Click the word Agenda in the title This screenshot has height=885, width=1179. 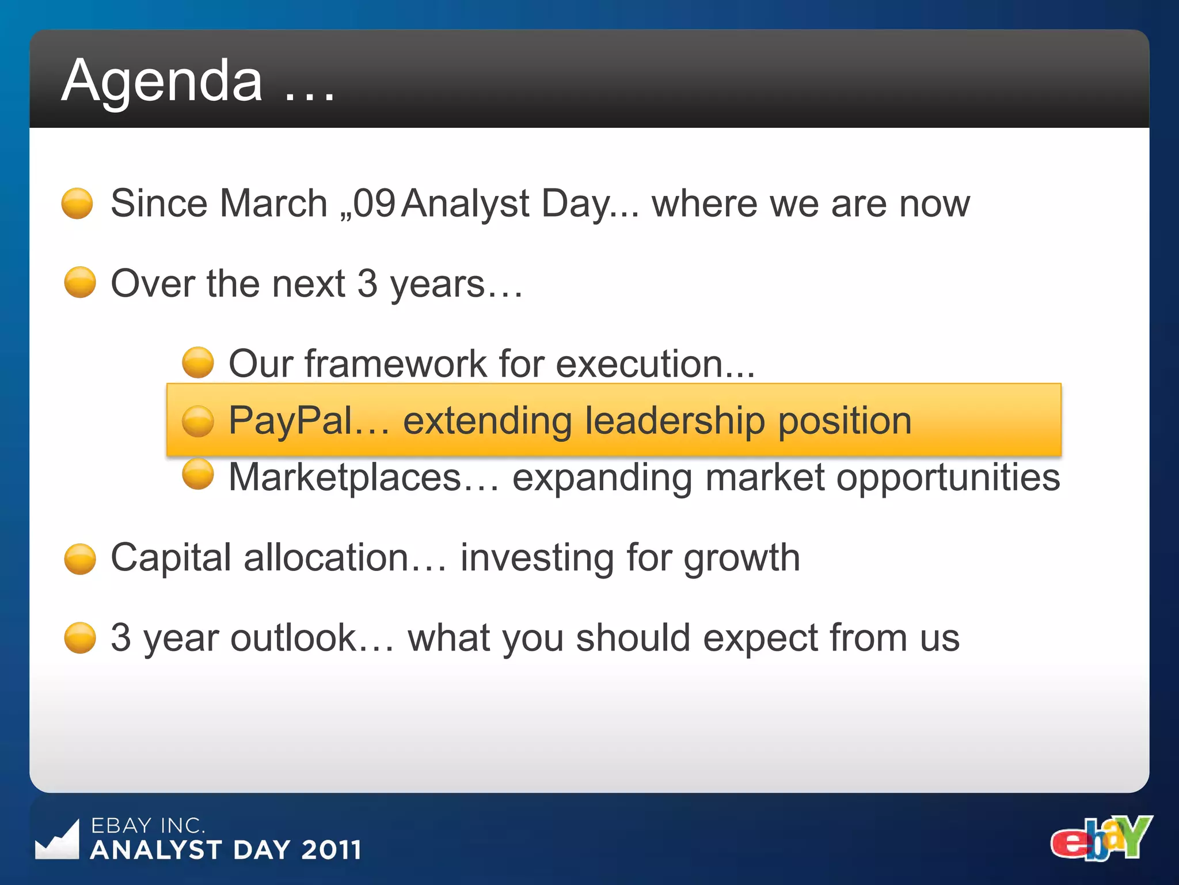[162, 82]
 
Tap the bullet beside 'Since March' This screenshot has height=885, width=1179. [77, 203]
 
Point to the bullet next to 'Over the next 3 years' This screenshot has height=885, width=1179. [80, 282]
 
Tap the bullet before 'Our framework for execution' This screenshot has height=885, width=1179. [198, 362]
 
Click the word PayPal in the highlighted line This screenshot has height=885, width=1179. [290, 421]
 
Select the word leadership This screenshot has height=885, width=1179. [675, 421]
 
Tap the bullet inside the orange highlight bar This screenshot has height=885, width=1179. [198, 421]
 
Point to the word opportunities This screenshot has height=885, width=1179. [948, 479]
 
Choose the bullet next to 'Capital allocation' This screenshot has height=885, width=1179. [80, 559]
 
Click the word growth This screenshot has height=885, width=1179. [741, 559]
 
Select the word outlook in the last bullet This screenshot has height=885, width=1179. [294, 638]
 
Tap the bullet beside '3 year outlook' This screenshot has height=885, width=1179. [80, 638]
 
